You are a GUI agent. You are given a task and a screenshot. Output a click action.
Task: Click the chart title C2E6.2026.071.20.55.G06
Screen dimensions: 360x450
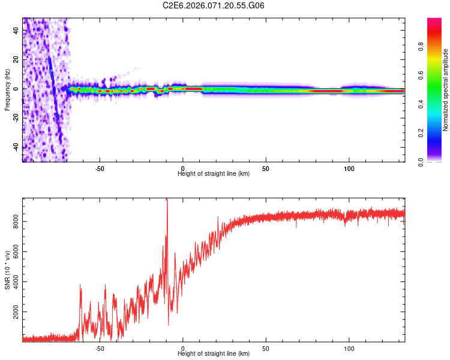tap(214, 5)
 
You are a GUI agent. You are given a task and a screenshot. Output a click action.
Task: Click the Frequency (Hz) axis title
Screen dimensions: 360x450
tap(7, 90)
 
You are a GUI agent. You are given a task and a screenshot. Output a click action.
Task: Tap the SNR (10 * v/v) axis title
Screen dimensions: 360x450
tap(7, 270)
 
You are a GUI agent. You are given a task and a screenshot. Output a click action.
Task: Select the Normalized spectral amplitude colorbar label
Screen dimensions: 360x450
tap(446, 90)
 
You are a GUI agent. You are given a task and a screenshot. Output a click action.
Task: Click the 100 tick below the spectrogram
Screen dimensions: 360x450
tap(349, 169)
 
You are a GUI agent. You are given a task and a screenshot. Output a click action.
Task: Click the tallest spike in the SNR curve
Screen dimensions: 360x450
tap(167, 200)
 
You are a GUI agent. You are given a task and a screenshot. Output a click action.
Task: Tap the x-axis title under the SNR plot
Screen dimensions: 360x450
tap(214, 354)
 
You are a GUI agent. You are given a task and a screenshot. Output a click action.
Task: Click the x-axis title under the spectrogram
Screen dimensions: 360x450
tap(214, 174)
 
